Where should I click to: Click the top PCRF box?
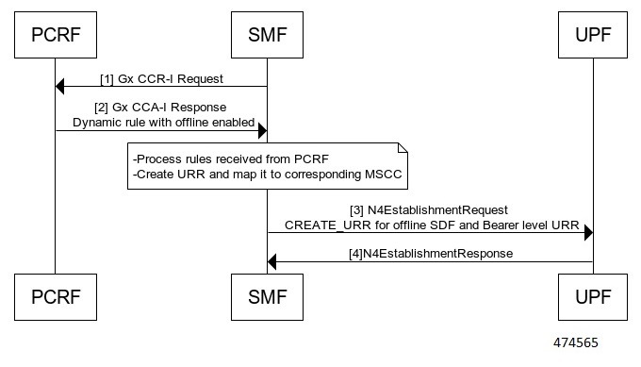pyautogui.click(x=54, y=37)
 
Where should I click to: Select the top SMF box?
pyautogui.click(x=267, y=37)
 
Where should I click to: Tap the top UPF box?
pyautogui.click(x=593, y=37)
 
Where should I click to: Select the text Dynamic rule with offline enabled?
pyautogui.click(x=161, y=122)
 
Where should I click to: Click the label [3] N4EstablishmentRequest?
pyautogui.click(x=429, y=209)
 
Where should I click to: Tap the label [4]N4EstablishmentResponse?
pyautogui.click(x=430, y=253)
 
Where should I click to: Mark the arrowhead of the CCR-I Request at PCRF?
pyautogui.click(x=60, y=87)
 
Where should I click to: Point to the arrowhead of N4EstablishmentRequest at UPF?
pyautogui.click(x=587, y=232)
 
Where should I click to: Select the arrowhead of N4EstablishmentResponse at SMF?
pyautogui.click(x=273, y=261)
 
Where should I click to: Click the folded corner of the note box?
pyautogui.click(x=400, y=149)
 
